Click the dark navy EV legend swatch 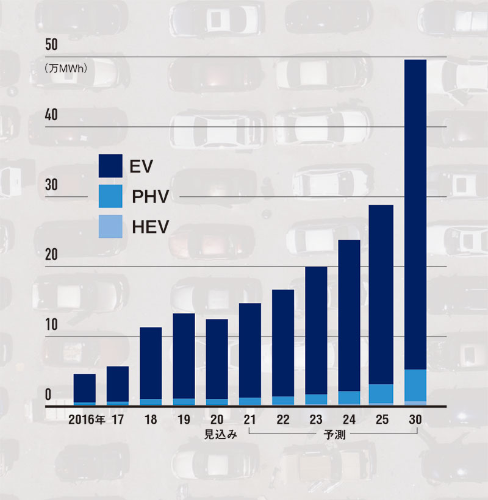tap(110, 165)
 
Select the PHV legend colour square tap(110, 196)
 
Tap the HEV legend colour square tap(110, 227)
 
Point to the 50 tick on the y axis tap(52, 45)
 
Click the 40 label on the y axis tap(52, 115)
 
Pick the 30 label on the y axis tap(52, 185)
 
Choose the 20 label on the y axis tap(52, 254)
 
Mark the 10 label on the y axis tap(52, 324)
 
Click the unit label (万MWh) tap(66, 69)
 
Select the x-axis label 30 tap(415, 420)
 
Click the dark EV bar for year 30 tap(415, 213)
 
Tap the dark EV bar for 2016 tap(85, 388)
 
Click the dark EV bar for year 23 tap(316, 330)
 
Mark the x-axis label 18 tap(151, 420)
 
